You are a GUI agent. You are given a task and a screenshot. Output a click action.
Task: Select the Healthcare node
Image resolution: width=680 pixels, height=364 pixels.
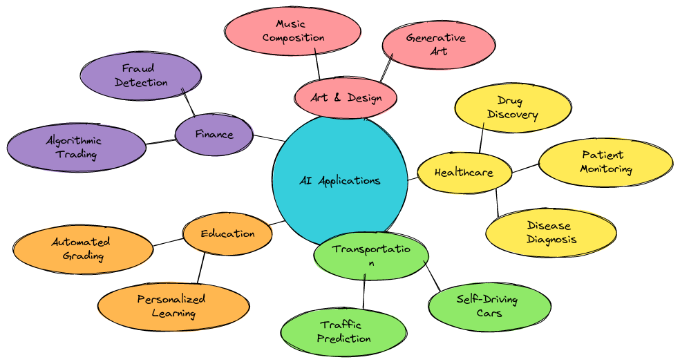[464, 172]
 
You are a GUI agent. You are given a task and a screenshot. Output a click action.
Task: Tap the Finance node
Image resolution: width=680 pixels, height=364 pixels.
[214, 134]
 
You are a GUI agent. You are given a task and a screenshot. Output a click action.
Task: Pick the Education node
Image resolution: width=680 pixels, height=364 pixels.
[227, 233]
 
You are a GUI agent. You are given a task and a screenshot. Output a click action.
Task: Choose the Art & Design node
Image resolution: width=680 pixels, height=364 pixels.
[346, 98]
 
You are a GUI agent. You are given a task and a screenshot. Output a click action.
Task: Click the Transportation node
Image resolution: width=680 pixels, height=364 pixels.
[371, 256]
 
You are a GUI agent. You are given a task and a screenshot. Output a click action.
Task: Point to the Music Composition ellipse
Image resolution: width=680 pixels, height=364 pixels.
[293, 31]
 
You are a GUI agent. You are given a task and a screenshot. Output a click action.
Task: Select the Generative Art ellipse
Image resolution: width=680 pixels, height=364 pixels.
[438, 44]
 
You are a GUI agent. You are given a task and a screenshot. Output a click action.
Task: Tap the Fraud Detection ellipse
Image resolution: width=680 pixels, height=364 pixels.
[141, 75]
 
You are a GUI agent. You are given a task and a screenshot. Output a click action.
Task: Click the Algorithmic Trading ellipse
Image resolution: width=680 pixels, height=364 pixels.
[77, 147]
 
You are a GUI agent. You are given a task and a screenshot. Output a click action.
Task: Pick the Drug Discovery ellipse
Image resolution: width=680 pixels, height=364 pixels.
[513, 108]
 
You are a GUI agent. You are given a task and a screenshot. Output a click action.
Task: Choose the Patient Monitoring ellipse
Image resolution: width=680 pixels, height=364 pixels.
[606, 162]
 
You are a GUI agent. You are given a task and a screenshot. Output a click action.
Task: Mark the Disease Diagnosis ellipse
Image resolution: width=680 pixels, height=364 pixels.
[551, 233]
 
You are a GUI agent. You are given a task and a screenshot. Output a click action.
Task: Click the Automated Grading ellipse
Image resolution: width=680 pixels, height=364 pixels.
[83, 249]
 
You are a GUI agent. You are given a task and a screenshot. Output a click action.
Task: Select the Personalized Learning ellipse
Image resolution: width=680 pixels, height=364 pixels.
[173, 306]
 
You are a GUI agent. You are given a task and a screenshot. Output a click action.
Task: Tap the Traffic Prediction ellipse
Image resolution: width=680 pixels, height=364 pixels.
[344, 332]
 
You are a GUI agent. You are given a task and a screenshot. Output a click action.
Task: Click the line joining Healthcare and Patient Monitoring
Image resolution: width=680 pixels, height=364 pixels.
[525, 168]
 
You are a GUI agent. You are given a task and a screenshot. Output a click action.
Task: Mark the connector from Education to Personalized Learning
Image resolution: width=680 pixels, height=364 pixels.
[201, 267]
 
